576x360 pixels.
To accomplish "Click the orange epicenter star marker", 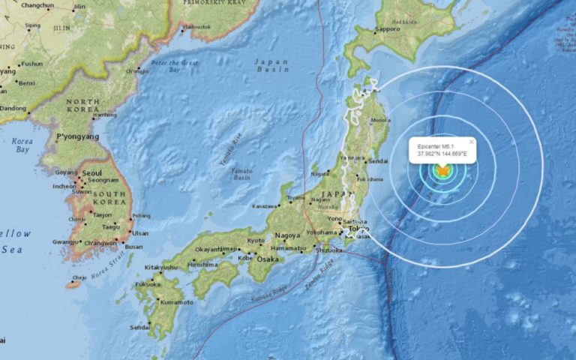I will (x=442, y=171).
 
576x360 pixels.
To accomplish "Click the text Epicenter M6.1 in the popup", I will (x=436, y=147).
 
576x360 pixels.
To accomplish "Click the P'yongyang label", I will (x=77, y=137).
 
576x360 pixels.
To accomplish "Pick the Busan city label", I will (x=133, y=247).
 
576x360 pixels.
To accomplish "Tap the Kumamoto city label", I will (x=177, y=302).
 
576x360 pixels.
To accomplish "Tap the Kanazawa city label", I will (x=265, y=205).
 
